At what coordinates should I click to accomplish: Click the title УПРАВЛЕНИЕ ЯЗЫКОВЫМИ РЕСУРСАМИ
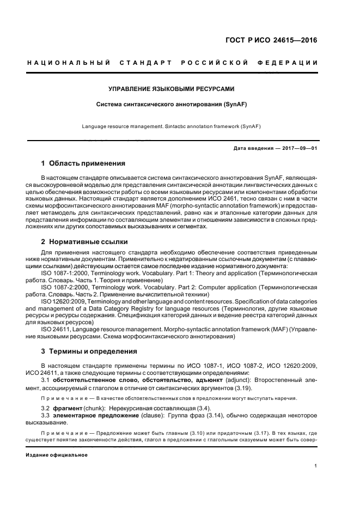point(171,88)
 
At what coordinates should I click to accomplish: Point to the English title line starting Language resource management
point(171,126)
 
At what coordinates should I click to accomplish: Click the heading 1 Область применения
point(83,163)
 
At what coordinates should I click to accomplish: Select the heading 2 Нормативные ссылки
point(86,241)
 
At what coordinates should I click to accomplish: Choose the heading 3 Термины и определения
point(89,351)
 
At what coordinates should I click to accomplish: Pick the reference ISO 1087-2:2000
point(66,286)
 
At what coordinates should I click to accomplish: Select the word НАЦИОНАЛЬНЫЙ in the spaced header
point(69,63)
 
